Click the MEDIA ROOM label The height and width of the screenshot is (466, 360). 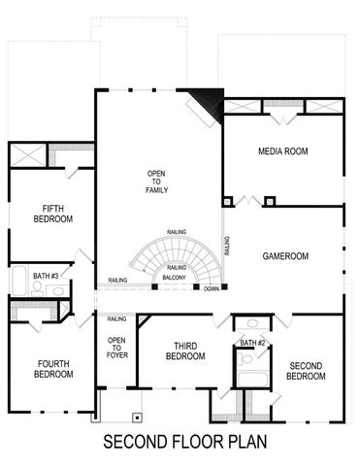click(282, 151)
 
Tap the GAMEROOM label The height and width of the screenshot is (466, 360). click(285, 256)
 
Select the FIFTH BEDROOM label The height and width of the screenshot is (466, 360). click(52, 214)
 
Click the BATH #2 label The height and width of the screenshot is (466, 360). click(253, 343)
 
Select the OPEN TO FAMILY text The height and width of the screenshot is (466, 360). click(157, 182)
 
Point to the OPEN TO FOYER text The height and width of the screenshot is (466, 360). click(116, 347)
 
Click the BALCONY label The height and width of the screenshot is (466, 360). click(175, 279)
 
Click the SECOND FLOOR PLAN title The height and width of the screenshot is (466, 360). click(180, 443)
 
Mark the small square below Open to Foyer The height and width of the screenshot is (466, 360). click(138, 416)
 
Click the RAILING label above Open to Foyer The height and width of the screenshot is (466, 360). click(117, 318)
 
